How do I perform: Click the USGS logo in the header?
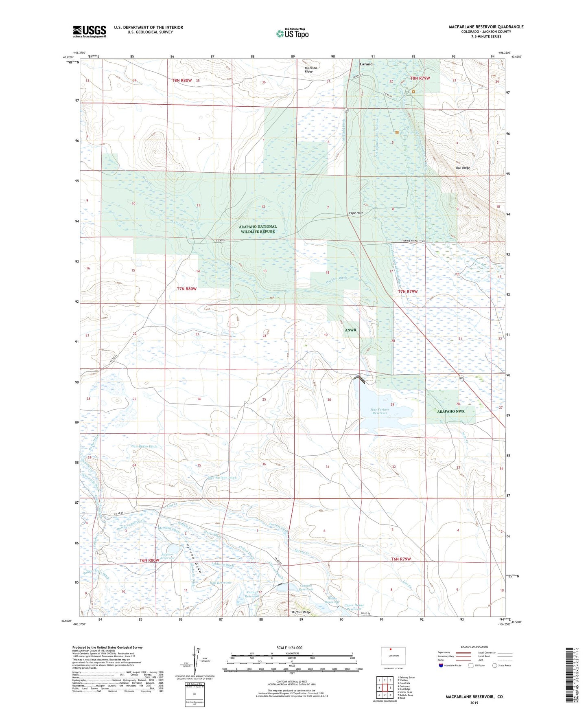point(90,31)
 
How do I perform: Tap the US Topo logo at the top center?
point(292,33)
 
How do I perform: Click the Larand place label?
point(366,64)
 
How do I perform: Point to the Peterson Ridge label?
point(311,70)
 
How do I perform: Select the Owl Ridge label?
point(463,168)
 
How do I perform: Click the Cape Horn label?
point(356,213)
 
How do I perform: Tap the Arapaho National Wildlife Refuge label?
point(258,229)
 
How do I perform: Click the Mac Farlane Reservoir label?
point(380,411)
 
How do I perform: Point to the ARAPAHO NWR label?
point(450,411)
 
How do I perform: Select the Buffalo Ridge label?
point(301,612)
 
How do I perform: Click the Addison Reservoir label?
point(167,556)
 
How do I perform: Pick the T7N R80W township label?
point(187,289)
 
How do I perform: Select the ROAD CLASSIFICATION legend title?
point(474,647)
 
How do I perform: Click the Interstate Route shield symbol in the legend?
point(441,666)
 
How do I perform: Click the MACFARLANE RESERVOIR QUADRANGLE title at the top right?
point(486,27)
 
